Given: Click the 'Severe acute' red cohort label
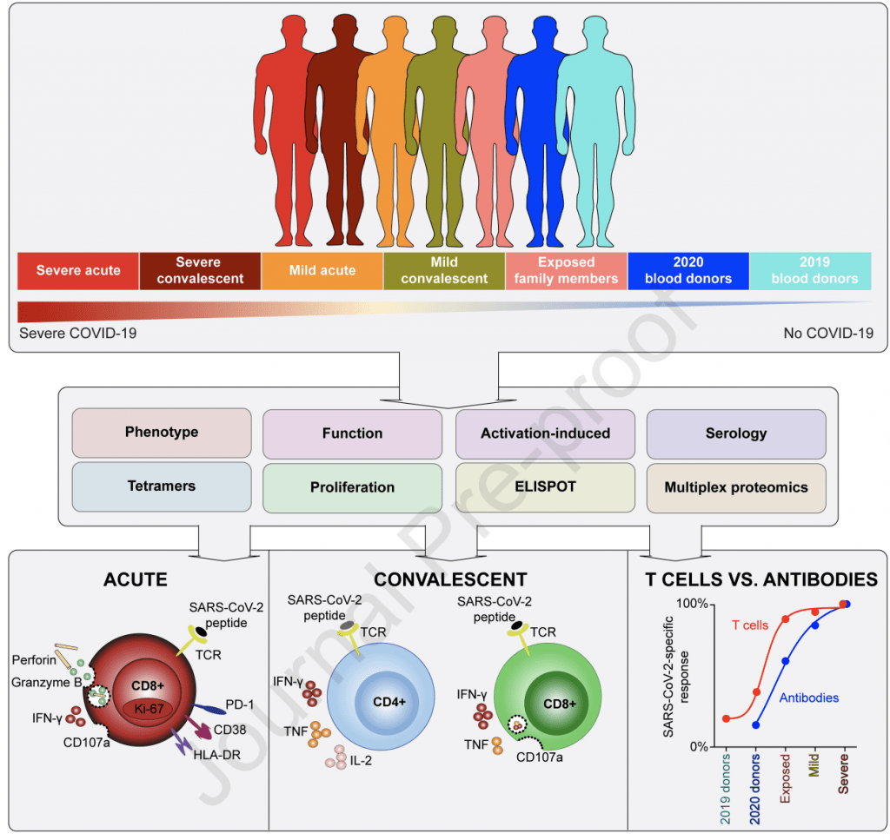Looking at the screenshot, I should coord(78,270).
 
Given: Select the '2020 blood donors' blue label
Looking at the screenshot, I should coord(687,270).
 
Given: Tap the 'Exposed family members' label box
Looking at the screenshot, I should coord(566,270).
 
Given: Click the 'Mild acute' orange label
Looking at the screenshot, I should coord(322,270).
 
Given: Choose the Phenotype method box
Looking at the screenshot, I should coord(162,433).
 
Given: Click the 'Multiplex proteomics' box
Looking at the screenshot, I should coord(735,487).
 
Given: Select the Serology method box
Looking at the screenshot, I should coord(735,433).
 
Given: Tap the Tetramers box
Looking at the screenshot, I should coord(162,487).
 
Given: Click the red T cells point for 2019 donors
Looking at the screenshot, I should coord(727,718).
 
